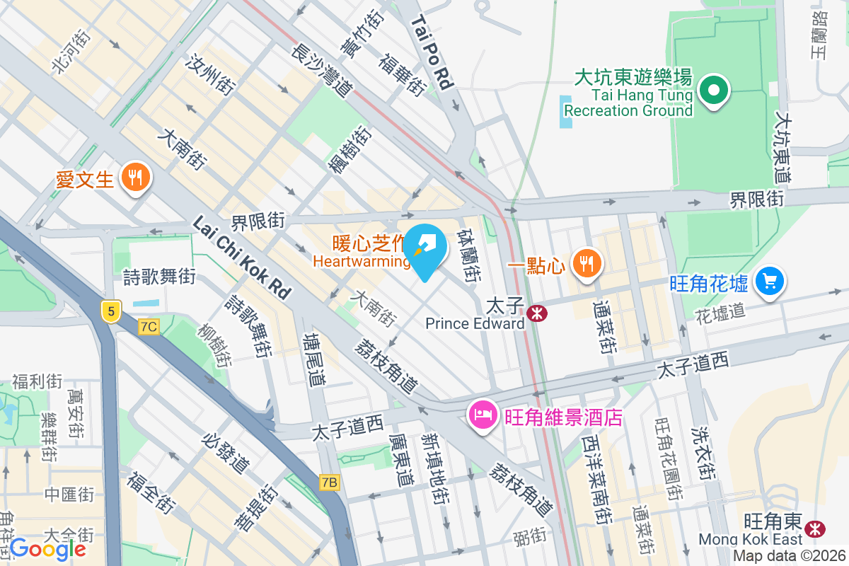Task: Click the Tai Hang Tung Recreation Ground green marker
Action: click(714, 91)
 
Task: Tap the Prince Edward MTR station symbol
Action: click(537, 311)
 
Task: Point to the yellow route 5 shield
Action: click(110, 310)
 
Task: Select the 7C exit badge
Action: click(149, 327)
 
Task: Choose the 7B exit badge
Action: click(329, 483)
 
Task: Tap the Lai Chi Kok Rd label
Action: click(242, 257)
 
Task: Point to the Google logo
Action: click(48, 548)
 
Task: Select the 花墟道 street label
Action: click(720, 311)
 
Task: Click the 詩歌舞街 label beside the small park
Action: click(159, 277)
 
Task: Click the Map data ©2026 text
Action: click(790, 556)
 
